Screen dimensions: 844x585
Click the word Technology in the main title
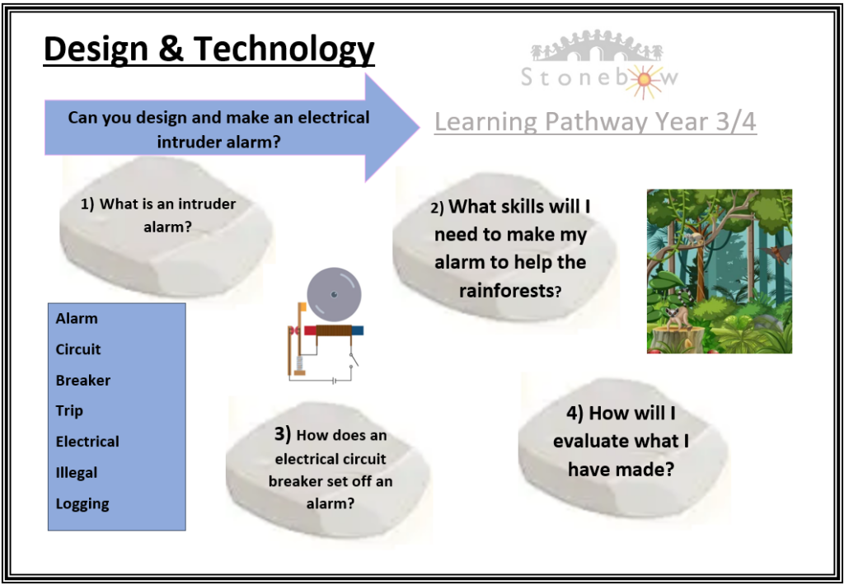point(284,50)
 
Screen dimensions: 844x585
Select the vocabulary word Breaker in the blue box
point(83,381)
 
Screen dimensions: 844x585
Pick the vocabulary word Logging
point(82,504)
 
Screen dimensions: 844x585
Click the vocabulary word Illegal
point(77,473)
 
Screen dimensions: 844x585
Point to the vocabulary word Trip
point(69,412)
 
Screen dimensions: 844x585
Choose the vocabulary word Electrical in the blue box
point(87,442)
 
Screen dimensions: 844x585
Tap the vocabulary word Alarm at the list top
point(77,319)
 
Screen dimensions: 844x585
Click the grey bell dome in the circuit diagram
point(334,294)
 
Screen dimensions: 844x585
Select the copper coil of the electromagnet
point(333,330)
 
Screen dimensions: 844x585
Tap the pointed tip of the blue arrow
point(420,128)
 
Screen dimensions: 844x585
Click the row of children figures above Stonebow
point(597,47)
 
